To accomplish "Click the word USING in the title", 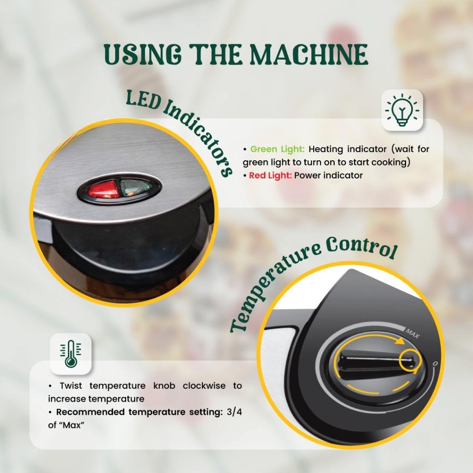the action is click(x=143, y=55).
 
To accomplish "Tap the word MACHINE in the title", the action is click(x=309, y=55).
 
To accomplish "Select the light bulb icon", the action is click(x=402, y=110).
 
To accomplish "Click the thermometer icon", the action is click(x=71, y=353).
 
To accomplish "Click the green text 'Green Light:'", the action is click(x=278, y=149).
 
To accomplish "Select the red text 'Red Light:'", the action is click(x=270, y=175).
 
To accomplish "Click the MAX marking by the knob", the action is click(x=412, y=334).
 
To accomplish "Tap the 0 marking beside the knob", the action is click(x=435, y=364).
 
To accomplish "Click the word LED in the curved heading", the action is click(x=143, y=100).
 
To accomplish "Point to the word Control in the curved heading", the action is click(x=361, y=248).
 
